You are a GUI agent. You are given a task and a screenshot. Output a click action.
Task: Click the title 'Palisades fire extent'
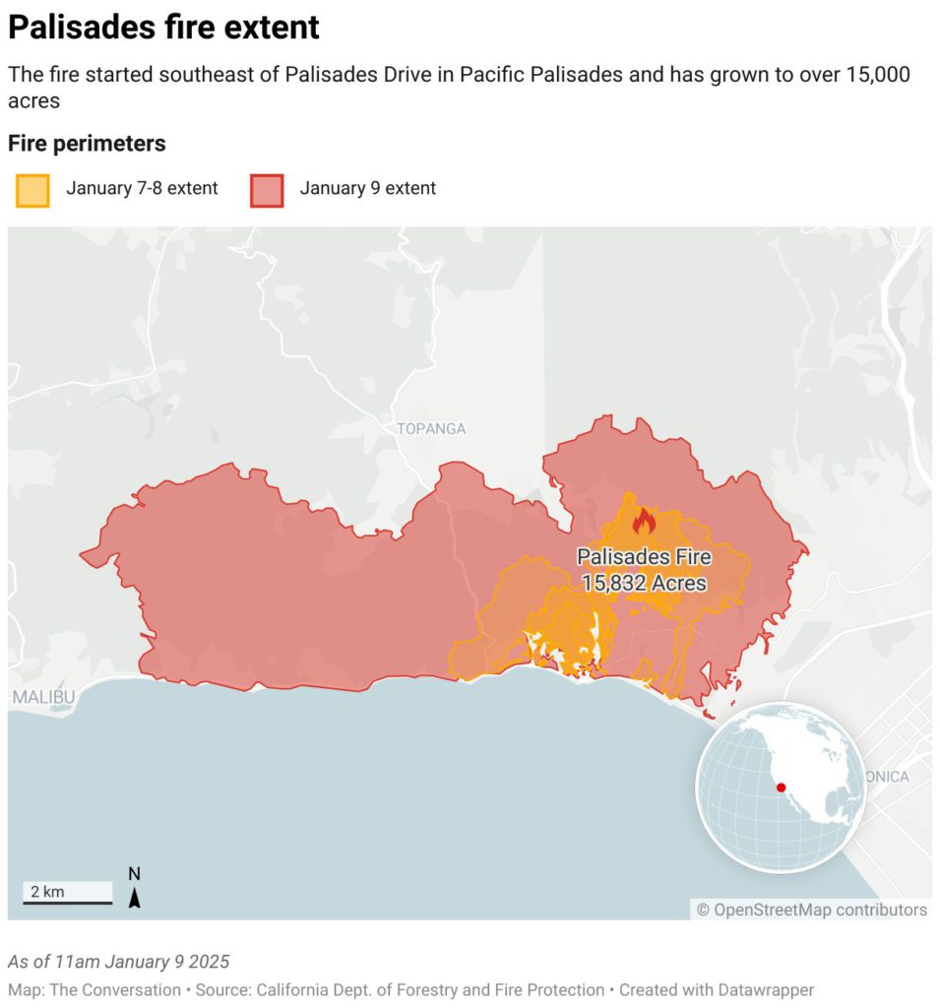pos(163,28)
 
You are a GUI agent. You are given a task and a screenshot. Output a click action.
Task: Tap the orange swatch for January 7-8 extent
pos(31,189)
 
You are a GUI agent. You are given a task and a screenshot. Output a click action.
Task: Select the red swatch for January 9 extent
pos(266,189)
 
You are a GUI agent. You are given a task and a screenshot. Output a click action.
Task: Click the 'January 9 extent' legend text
pos(367,188)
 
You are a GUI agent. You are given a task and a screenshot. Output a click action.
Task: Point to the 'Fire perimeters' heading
pos(87,144)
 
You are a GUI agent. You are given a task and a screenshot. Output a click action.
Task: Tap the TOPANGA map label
pos(431,429)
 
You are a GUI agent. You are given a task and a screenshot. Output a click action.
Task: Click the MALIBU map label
pos(43,697)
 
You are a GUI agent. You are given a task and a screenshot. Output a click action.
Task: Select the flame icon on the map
pos(644,520)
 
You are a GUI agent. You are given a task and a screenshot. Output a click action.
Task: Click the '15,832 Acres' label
pos(644,583)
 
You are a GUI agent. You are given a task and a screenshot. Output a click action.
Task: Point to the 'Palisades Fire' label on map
pos(644,557)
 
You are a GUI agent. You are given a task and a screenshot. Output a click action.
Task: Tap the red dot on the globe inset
pos(781,787)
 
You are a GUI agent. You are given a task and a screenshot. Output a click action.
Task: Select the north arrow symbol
pos(135,889)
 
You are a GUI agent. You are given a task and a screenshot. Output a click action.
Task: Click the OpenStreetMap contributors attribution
pos(811,910)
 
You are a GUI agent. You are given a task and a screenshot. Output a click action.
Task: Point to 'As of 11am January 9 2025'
pos(118,962)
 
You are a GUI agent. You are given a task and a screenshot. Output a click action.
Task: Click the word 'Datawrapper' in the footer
pos(766,990)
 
